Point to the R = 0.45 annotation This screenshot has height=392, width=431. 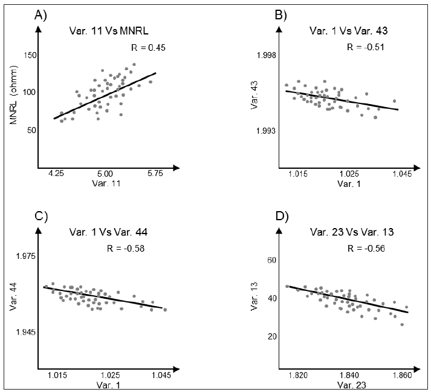(148, 47)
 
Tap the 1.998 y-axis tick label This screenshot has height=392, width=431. (264, 56)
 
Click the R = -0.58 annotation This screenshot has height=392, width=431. (125, 247)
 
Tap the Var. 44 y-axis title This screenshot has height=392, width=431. (13, 294)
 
